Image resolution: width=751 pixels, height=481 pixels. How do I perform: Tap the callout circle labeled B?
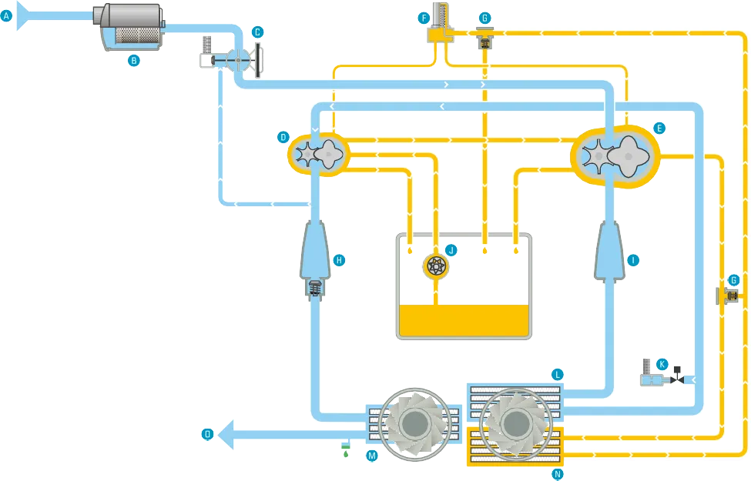[133, 59]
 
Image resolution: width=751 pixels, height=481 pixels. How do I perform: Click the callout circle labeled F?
[422, 17]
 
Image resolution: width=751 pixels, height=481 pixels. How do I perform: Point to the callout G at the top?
[484, 17]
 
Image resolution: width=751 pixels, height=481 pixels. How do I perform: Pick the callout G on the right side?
[733, 279]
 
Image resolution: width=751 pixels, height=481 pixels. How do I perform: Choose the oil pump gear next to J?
[436, 267]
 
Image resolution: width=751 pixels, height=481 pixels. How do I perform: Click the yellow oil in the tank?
[463, 319]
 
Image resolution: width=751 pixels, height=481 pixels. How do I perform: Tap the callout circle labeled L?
[557, 375]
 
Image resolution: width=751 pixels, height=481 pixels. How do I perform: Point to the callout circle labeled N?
[557, 475]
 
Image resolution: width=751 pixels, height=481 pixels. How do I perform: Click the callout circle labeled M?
[371, 456]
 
